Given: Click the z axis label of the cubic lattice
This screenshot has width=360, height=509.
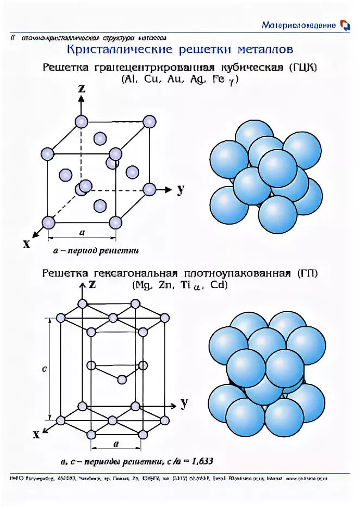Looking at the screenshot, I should (x=81, y=88).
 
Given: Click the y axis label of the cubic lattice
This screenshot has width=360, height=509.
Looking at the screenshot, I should (x=179, y=189).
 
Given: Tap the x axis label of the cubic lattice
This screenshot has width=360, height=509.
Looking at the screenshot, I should (x=26, y=244).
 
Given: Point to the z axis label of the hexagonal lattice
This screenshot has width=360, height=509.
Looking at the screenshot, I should (x=92, y=284).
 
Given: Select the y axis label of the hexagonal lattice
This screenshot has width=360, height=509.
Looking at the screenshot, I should (x=184, y=403).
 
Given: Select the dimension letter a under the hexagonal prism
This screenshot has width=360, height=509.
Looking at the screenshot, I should (x=116, y=444).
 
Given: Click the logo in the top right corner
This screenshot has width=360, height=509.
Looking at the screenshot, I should (x=344, y=25).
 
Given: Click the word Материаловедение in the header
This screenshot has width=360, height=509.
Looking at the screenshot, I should (x=299, y=25).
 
